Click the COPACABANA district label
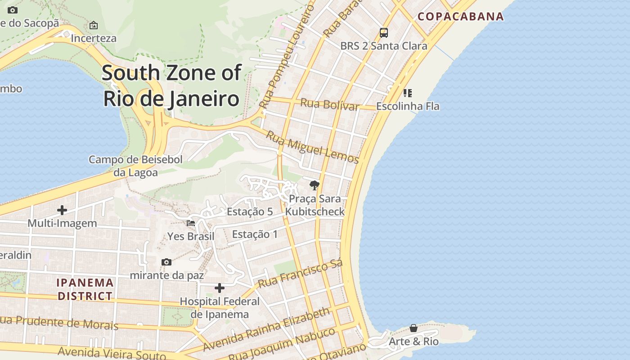click(x=460, y=17)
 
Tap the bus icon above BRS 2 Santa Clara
click(x=383, y=32)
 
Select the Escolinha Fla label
click(x=408, y=106)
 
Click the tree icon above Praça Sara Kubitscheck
click(x=315, y=185)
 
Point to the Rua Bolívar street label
click(x=329, y=104)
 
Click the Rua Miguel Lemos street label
click(x=312, y=147)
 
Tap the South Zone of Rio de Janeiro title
click(x=171, y=85)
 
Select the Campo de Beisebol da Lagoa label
click(x=135, y=166)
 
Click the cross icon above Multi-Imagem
click(x=62, y=210)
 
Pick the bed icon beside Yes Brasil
click(x=191, y=223)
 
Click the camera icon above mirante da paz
click(x=166, y=262)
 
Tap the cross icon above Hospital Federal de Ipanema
click(x=220, y=288)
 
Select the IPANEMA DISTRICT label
click(x=85, y=289)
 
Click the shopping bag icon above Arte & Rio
click(x=413, y=328)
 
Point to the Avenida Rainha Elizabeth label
click(x=266, y=330)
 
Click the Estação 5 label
click(x=250, y=211)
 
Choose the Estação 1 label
click(x=255, y=234)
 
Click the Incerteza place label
click(x=94, y=38)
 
